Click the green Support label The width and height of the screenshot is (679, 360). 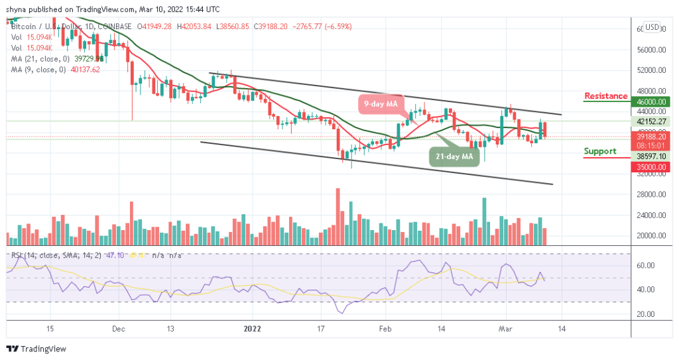click(x=599, y=151)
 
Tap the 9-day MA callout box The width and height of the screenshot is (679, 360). click(x=383, y=104)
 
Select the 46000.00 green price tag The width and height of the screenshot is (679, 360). click(x=652, y=102)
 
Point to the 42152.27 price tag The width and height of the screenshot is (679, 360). click(x=652, y=121)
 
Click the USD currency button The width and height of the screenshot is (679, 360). click(x=652, y=28)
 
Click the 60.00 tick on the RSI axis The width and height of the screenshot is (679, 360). click(x=647, y=265)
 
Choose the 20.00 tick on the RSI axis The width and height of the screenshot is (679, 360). click(x=647, y=314)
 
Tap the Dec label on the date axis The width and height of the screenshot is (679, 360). click(x=119, y=328)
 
